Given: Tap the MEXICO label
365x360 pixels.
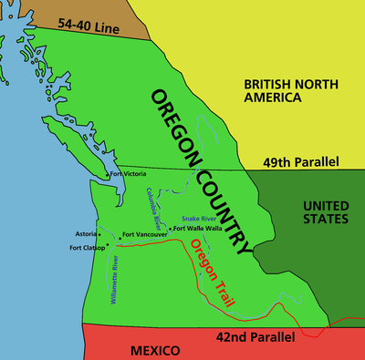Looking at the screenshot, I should [130, 350].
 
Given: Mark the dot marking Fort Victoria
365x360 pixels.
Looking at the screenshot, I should [107, 174].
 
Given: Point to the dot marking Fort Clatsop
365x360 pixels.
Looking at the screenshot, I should [108, 245].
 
